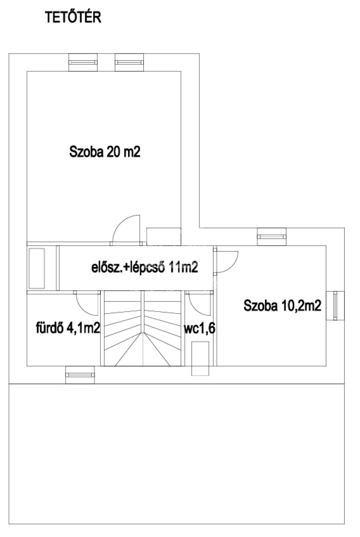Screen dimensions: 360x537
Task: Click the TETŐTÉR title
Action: (x=73, y=17)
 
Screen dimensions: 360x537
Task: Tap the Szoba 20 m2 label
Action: (x=105, y=152)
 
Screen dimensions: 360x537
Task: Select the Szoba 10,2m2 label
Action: (x=282, y=306)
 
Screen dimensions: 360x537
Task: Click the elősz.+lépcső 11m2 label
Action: (x=145, y=267)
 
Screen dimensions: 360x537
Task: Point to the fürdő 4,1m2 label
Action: (x=68, y=328)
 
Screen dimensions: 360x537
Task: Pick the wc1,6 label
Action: (x=199, y=328)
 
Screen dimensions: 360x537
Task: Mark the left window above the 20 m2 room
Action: (x=83, y=62)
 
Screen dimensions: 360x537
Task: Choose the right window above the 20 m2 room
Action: (x=129, y=62)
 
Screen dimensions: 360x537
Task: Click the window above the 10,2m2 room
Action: (x=271, y=237)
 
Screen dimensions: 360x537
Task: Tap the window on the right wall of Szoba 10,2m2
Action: (x=335, y=306)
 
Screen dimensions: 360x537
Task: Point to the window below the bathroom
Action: (x=80, y=374)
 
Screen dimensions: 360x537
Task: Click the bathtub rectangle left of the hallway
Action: (x=37, y=268)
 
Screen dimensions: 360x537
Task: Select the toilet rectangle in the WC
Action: (x=200, y=359)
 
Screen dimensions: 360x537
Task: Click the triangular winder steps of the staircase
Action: (x=143, y=349)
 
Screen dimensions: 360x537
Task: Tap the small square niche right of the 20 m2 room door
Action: (x=164, y=237)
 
